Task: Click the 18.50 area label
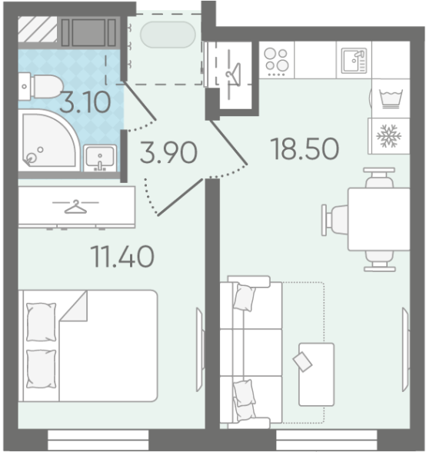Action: coord(305,149)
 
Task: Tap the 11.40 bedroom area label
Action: coord(122,256)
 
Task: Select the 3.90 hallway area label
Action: coord(168,152)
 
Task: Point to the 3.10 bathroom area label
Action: coord(85,102)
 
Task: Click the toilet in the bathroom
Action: coord(41,86)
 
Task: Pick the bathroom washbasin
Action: coord(100,158)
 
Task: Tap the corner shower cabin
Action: coord(49,139)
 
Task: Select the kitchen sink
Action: coord(354,61)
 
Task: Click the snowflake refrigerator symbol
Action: coord(389,135)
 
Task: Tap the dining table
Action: coord(378,219)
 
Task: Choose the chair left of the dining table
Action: coord(335,220)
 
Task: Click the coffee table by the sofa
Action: coord(316,374)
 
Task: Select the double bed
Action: coord(88,346)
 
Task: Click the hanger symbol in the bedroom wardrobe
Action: coord(75,207)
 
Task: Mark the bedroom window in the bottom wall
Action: coord(98,440)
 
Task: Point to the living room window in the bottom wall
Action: coord(327,440)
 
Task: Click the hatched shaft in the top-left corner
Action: coord(38,29)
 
